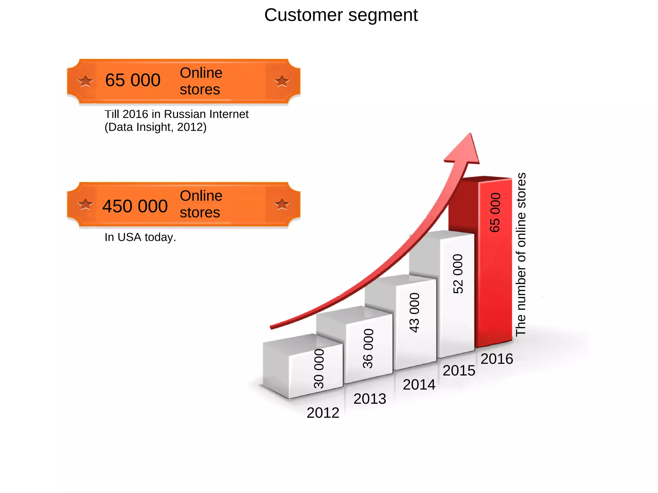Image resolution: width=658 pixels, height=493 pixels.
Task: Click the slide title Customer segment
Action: tap(341, 15)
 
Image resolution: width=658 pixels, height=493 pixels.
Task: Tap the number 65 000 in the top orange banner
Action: tap(133, 80)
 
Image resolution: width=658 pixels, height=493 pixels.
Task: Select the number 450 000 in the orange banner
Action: tap(135, 206)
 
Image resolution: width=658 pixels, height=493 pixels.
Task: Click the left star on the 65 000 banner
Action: tap(85, 81)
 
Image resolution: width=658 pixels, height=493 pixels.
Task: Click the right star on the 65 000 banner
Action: tap(282, 81)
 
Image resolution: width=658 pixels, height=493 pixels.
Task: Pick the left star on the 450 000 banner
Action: tap(85, 204)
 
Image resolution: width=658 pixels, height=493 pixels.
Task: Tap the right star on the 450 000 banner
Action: tap(282, 204)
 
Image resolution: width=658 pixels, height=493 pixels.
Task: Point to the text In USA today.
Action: tap(140, 237)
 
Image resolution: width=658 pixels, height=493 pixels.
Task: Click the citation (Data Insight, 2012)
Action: tap(156, 127)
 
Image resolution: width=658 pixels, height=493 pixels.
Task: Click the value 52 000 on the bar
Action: tap(458, 274)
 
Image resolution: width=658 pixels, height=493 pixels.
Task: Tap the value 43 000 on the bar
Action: tap(414, 313)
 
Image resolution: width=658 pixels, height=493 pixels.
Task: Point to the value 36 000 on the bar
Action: tap(368, 348)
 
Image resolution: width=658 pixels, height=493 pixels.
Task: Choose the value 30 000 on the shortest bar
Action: tap(319, 369)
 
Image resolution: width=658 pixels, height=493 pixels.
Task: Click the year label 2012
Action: tap(323, 413)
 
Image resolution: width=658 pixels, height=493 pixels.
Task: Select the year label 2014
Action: tap(419, 385)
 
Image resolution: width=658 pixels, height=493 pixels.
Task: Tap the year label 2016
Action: tap(497, 359)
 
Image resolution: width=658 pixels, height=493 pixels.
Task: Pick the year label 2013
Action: tap(370, 399)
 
